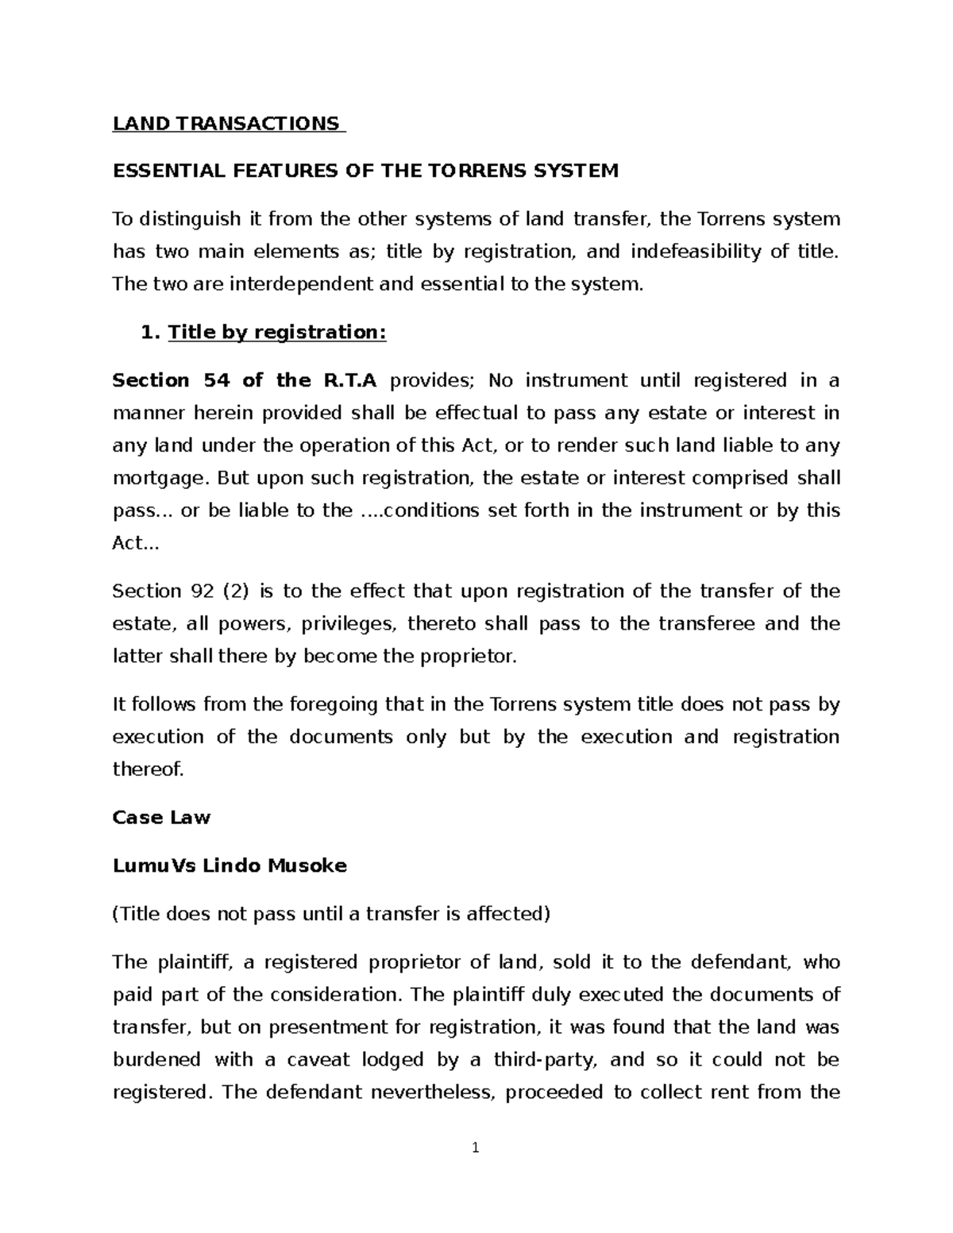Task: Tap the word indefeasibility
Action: coord(694,252)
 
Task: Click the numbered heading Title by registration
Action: coord(276,333)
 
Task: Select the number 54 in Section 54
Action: coord(216,381)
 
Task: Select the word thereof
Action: coord(148,769)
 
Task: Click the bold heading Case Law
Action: coord(161,818)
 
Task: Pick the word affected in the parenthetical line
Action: coord(508,915)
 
